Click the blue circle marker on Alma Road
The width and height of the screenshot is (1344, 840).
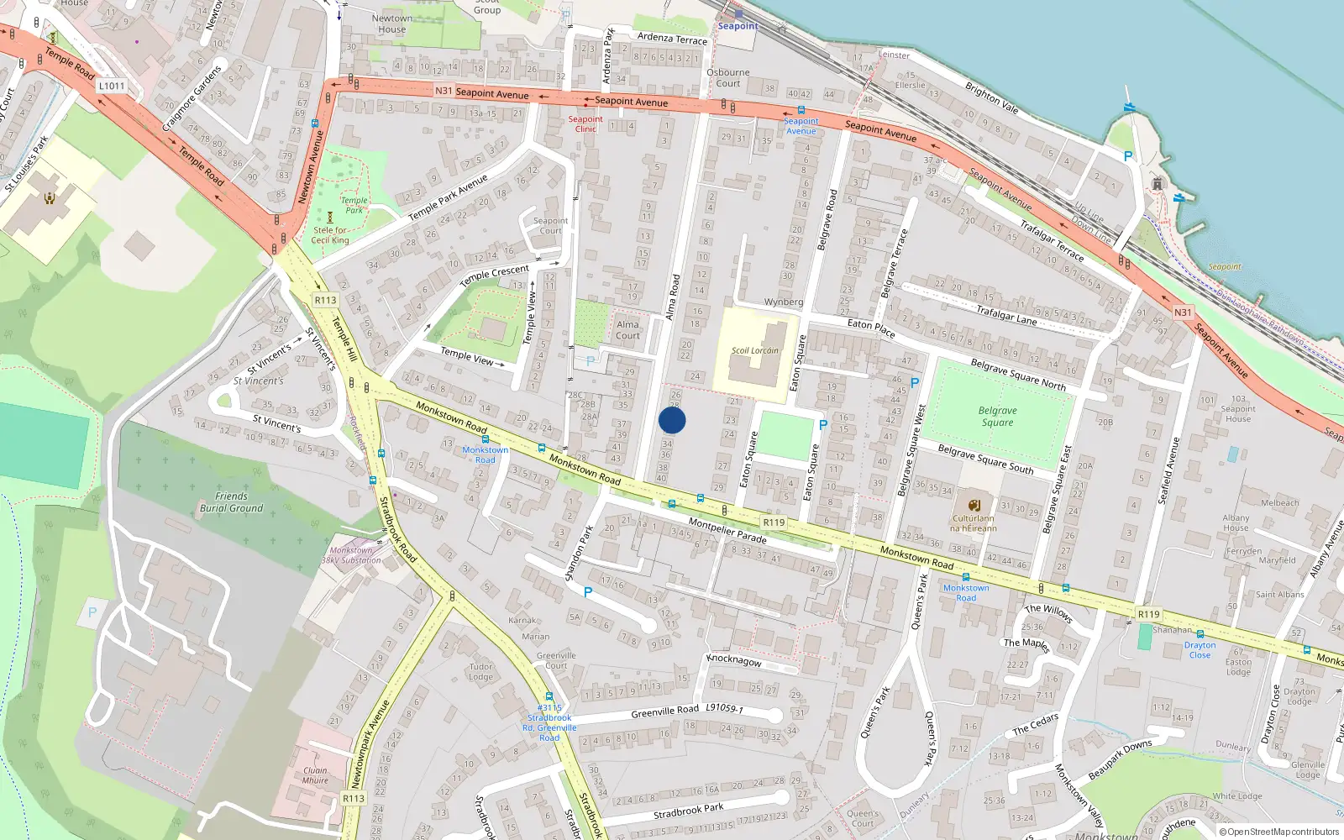(672, 420)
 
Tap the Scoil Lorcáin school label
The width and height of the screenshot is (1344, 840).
(754, 350)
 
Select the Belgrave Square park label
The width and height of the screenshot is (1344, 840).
(997, 417)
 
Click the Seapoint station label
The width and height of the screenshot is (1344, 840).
(738, 26)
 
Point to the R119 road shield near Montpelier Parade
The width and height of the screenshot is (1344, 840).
(774, 522)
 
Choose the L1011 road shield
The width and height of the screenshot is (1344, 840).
(112, 86)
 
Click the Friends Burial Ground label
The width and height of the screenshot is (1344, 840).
(231, 502)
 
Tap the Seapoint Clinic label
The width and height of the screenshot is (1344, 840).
(585, 123)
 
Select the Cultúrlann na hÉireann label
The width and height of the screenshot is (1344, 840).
(973, 523)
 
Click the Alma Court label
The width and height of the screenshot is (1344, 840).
(627, 330)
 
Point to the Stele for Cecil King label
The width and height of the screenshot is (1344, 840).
(330, 235)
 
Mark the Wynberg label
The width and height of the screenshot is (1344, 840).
(784, 302)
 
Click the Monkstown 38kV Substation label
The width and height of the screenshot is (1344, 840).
(351, 555)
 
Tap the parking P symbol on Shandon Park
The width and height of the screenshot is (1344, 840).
(588, 592)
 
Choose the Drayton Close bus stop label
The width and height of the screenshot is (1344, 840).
(1200, 650)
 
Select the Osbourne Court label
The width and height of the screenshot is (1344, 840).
(728, 77)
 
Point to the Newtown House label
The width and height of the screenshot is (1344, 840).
(391, 24)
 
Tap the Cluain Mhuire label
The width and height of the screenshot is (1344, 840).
(315, 775)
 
